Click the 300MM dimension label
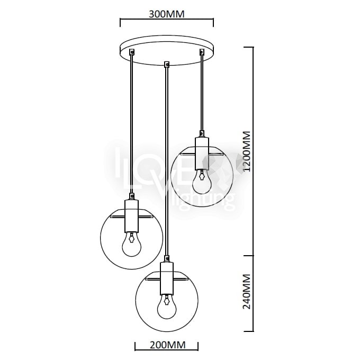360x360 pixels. [x=166, y=14]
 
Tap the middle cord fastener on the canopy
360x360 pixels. [x=167, y=65]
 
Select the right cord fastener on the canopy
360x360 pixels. [x=202, y=51]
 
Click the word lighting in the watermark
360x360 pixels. [x=201, y=201]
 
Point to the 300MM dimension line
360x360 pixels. [x=166, y=23]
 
